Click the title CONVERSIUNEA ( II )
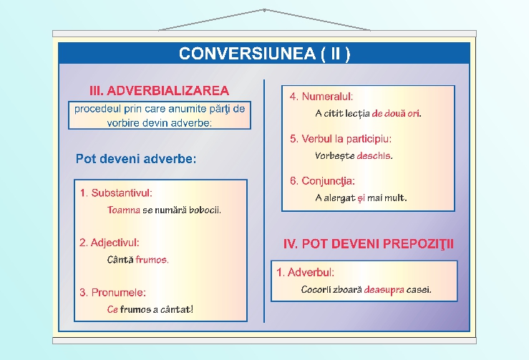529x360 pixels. [264, 54]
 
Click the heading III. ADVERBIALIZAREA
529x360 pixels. [159, 91]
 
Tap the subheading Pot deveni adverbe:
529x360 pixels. [136, 159]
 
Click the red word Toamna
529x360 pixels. [123, 210]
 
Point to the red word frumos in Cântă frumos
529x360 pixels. [152, 260]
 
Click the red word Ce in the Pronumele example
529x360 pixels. [112, 310]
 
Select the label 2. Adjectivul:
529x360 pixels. [110, 243]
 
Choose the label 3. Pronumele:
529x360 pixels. [112, 292]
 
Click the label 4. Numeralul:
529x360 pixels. [321, 96]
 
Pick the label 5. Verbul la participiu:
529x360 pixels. [341, 138]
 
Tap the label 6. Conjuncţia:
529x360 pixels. [322, 180]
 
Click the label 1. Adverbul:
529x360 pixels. [306, 272]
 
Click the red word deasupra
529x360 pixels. [384, 290]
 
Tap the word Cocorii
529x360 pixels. [317, 290]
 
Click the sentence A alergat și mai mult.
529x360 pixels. [361, 198]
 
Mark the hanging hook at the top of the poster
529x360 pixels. [264, 10]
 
